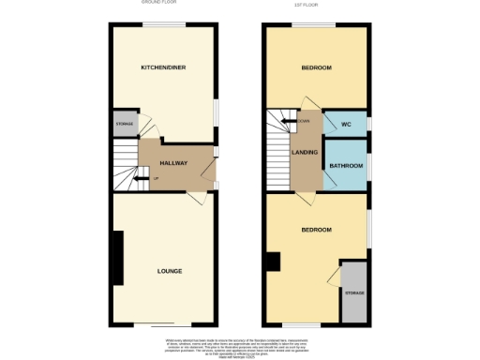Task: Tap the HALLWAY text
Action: coord(174,163)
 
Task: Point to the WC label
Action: coord(345,124)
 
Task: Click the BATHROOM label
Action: coord(343,167)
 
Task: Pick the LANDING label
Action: coord(305,152)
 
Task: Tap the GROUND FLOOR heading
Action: coord(159,4)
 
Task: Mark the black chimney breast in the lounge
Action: coord(117,257)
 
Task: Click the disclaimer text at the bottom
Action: coord(240,346)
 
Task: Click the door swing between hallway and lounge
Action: coord(195,199)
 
